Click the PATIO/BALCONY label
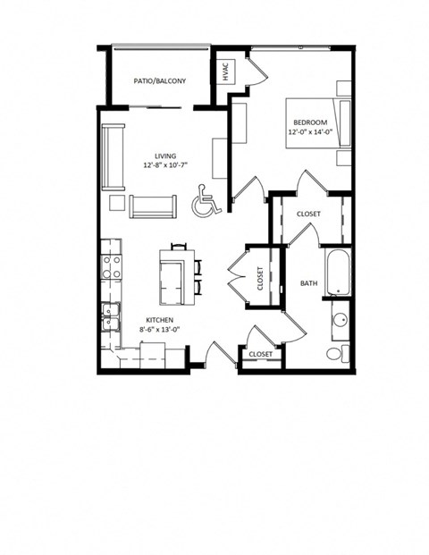click(x=160, y=81)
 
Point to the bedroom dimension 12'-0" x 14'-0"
click(x=310, y=132)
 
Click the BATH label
click(x=308, y=283)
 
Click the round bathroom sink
click(x=340, y=321)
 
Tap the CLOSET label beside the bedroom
click(x=308, y=214)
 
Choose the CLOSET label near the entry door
click(x=260, y=355)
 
